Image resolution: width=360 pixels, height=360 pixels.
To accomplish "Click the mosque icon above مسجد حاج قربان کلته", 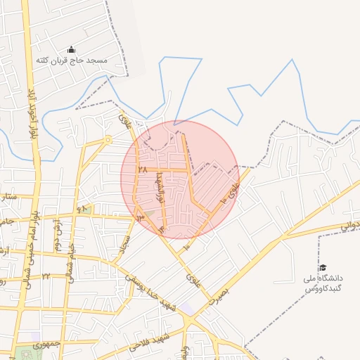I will point(71,49).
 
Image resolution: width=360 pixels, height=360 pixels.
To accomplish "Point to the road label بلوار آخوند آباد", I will point(32,112).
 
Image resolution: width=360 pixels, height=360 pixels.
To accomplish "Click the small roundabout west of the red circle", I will point(108,140).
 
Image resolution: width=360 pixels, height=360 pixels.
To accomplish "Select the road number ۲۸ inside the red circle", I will point(142,169).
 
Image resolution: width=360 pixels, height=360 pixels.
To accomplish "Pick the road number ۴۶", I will point(84,209).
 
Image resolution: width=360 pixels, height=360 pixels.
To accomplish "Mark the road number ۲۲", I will point(46,276).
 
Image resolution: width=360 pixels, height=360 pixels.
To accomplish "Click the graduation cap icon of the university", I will point(323,267).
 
